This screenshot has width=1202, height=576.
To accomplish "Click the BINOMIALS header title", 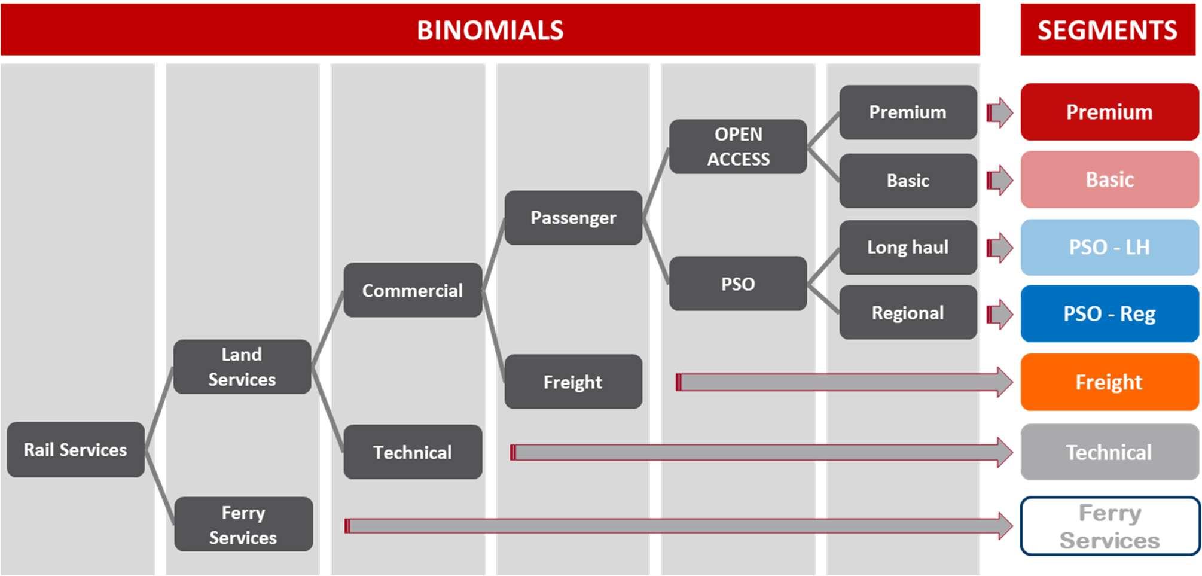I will (x=490, y=30).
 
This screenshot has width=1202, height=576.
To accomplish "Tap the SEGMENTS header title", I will (x=1107, y=30).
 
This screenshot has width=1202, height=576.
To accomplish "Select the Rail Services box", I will (x=75, y=450).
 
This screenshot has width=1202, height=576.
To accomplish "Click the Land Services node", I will (x=242, y=367).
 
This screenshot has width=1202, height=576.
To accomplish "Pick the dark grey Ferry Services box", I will (x=243, y=525).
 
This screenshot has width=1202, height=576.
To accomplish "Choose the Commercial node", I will (x=413, y=290).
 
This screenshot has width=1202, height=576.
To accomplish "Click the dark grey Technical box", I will (x=413, y=452).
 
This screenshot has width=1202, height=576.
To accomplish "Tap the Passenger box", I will (x=573, y=218).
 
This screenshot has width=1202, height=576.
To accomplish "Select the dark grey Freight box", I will (x=573, y=382).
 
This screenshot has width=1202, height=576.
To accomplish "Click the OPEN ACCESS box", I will (x=738, y=147).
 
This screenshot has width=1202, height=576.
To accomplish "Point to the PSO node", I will (x=738, y=284).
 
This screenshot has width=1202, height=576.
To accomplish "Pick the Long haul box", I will (x=908, y=247).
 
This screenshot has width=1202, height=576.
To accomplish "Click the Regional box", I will (x=908, y=312).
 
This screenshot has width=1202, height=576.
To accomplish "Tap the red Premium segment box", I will (x=1109, y=112).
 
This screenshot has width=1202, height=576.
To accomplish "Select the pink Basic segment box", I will (x=1109, y=179).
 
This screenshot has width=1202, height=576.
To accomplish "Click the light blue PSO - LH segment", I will (x=1109, y=247).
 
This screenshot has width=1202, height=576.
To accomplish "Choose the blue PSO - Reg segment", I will (x=1109, y=313).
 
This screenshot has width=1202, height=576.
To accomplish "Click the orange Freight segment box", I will (x=1109, y=382).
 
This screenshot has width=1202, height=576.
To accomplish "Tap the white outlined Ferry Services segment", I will (x=1109, y=526).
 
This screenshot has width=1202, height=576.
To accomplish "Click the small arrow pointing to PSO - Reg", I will (x=999, y=314).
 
